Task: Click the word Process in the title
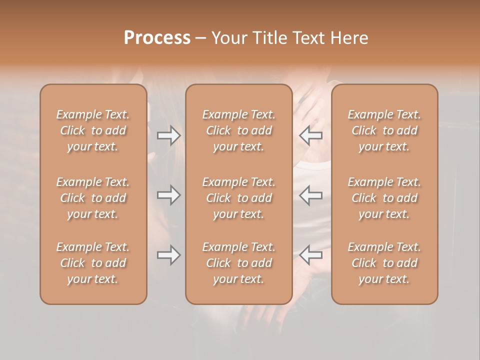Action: (x=157, y=38)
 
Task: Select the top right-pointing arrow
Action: (x=168, y=135)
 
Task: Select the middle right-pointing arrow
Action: (x=168, y=195)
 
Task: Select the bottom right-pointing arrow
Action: (x=168, y=255)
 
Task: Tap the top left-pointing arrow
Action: (x=311, y=135)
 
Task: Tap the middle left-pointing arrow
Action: (x=311, y=195)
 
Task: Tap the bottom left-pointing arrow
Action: (x=311, y=255)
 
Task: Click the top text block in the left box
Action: (x=93, y=130)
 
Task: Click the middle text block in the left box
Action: (x=93, y=198)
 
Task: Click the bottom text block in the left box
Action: (x=93, y=263)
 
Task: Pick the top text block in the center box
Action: (x=238, y=130)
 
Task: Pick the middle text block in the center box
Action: (x=238, y=198)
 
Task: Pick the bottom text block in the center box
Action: (x=238, y=263)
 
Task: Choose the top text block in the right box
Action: (x=384, y=130)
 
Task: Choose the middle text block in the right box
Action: (x=384, y=198)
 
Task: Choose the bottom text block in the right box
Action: (x=384, y=263)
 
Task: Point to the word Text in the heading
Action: (x=307, y=38)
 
